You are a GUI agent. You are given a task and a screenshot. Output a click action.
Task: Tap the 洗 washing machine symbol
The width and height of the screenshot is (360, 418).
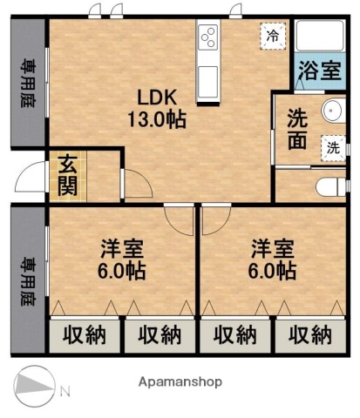tap(331, 148)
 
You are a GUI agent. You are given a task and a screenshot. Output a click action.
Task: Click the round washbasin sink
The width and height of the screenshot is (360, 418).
tap(331, 112)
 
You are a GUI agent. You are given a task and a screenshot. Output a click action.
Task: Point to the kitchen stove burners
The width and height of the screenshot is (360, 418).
tap(210, 37)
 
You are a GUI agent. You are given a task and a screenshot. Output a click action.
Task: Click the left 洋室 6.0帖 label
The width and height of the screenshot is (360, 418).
tap(121, 258)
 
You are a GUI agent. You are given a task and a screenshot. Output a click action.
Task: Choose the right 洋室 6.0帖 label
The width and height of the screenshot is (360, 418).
tap(273, 258)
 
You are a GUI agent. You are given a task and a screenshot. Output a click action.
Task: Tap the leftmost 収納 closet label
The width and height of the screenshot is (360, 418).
tap(84, 335)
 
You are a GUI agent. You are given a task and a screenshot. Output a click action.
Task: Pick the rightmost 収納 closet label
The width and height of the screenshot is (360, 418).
tap(309, 335)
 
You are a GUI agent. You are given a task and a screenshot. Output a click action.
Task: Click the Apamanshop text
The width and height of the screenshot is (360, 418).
tap(180, 381)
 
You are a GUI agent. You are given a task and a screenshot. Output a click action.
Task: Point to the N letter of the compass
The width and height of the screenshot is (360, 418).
tap(64, 388)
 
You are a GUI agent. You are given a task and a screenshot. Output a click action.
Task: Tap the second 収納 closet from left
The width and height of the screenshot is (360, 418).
tap(159, 335)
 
